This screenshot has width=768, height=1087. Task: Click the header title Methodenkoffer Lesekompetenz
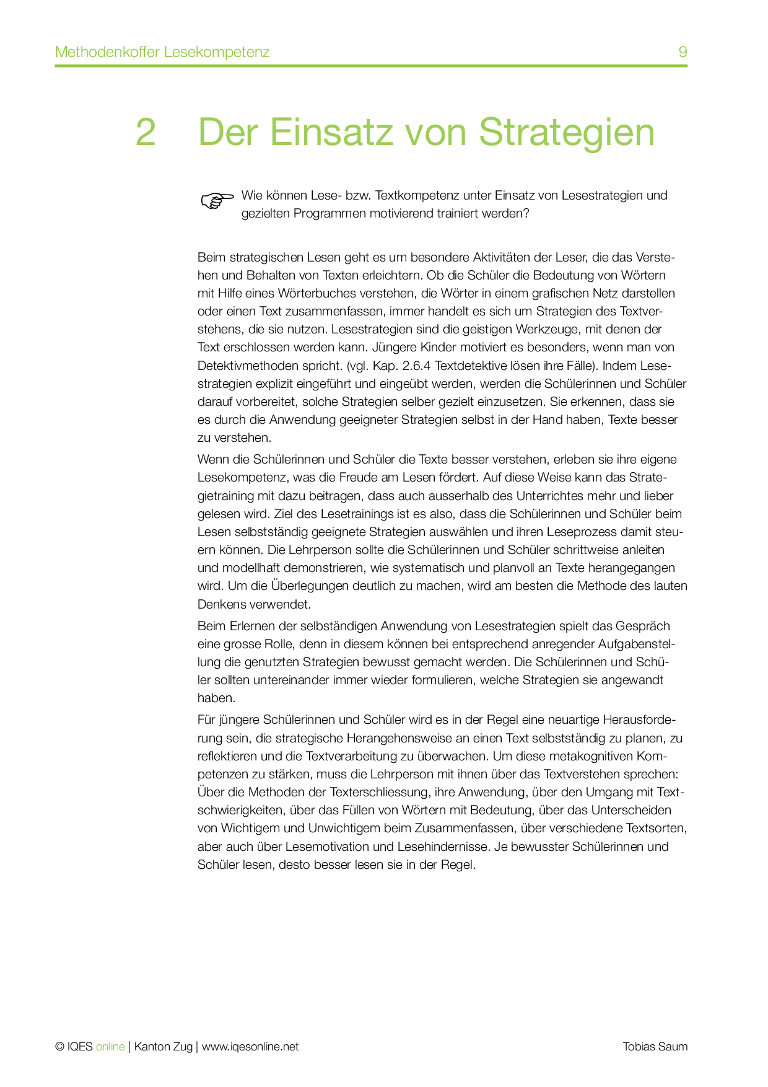pos(162,52)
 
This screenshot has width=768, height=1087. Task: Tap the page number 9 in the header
pos(683,52)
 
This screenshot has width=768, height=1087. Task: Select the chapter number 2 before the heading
pos(146,132)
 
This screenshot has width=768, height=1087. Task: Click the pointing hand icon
pos(217,200)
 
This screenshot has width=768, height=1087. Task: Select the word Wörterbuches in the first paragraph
pos(317,293)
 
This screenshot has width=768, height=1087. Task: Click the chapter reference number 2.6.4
pos(414,366)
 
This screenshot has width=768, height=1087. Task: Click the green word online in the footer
pos(110,1047)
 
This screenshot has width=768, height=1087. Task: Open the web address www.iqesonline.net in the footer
pos(250,1047)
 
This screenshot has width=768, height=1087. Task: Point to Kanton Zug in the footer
pos(164,1047)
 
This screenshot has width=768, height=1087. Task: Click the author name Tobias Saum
pos(655,1047)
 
